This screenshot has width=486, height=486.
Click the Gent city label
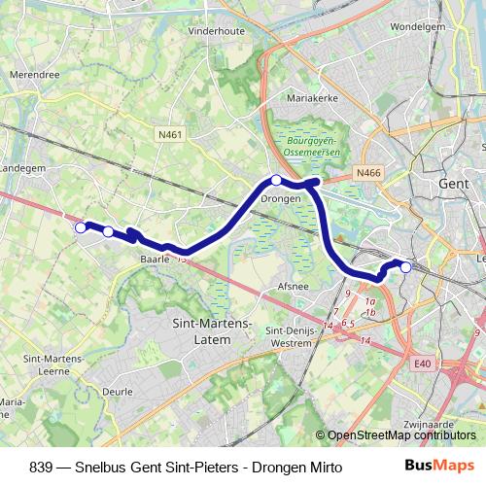[454, 184]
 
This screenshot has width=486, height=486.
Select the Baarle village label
[155, 260]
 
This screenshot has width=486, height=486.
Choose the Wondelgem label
[421, 26]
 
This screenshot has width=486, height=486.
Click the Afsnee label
[294, 287]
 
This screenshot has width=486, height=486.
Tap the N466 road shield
[368, 173]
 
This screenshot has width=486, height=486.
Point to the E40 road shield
[421, 364]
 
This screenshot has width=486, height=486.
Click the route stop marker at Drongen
[276, 180]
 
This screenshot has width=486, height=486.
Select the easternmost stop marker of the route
[405, 267]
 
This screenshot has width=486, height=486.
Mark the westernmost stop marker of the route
[81, 227]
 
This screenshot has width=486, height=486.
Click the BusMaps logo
[440, 466]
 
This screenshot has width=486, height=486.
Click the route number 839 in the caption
[42, 467]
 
